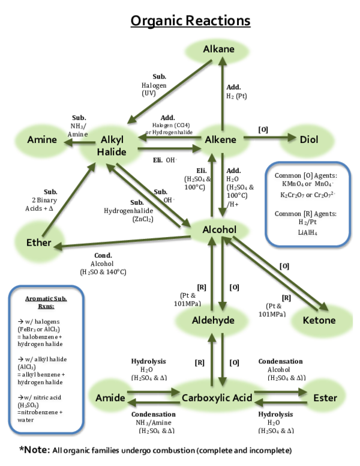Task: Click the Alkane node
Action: [218, 49]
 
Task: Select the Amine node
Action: [42, 140]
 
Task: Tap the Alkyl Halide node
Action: [112, 146]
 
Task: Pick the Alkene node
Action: [221, 140]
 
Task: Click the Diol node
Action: [308, 140]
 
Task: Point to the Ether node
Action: [39, 243]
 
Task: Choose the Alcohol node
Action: [219, 230]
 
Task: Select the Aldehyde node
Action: [212, 320]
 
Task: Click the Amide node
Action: [110, 398]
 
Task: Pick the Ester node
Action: [325, 398]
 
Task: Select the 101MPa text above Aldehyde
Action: [187, 303]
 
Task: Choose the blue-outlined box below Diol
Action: [308, 204]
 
